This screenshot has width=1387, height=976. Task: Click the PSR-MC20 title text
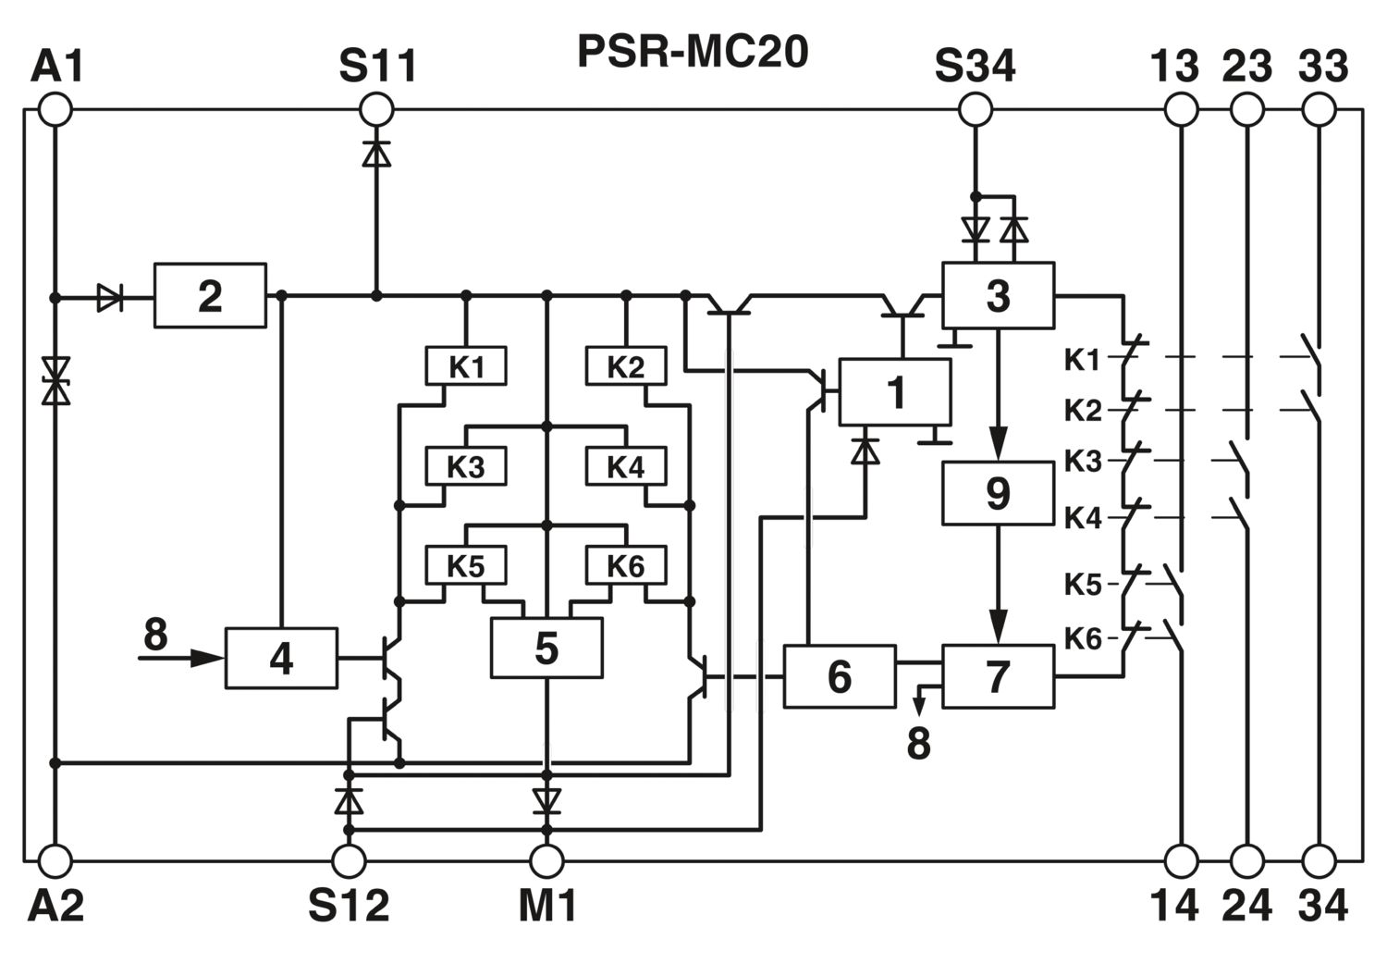tap(693, 52)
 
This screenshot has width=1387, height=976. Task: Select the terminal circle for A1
tap(55, 110)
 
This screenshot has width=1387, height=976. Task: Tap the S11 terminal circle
tap(376, 110)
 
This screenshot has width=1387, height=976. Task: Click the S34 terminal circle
tap(976, 110)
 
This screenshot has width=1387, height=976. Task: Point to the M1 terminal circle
tap(546, 860)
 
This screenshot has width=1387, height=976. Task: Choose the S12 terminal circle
tap(349, 860)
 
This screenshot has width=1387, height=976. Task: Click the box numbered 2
tap(210, 296)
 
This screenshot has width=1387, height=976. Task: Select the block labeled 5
tap(546, 648)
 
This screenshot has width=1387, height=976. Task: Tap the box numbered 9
tap(998, 493)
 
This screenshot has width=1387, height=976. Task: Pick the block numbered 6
tap(840, 676)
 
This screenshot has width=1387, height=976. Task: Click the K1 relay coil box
tap(466, 365)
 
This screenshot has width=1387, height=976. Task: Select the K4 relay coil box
tap(626, 466)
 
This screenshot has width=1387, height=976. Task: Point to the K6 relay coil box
tap(626, 565)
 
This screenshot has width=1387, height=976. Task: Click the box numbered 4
tap(281, 658)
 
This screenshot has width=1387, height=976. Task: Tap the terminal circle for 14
tap(1182, 860)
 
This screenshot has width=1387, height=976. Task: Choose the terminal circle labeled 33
tap(1319, 110)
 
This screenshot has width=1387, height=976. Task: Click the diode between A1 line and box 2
tap(110, 298)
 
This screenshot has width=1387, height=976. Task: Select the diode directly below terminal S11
tap(376, 153)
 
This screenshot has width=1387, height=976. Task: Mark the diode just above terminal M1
tap(546, 800)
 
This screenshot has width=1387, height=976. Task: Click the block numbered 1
tap(895, 392)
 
